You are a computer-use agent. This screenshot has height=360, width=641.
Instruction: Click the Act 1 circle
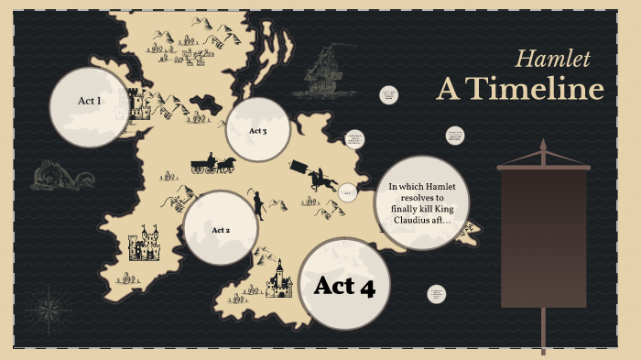tap(90, 106)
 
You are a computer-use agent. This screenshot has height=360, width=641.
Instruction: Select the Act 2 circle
tap(221, 229)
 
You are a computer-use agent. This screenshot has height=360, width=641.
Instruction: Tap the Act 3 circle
tap(258, 131)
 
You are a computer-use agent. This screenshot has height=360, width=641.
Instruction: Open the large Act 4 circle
tap(344, 284)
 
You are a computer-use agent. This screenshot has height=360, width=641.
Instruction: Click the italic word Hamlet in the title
tap(552, 60)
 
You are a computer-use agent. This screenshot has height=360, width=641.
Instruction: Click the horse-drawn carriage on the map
tap(212, 165)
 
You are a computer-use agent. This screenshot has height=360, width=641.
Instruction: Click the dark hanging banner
tap(543, 238)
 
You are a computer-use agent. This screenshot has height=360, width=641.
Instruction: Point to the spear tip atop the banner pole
tap(543, 147)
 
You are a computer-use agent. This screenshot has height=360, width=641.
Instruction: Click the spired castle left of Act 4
tap(278, 279)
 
